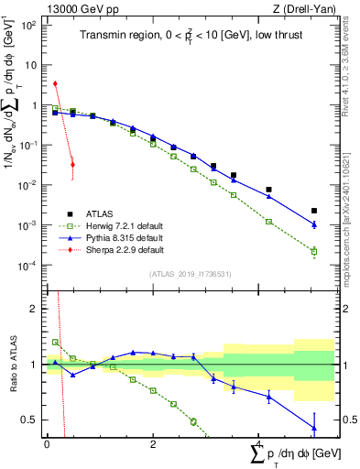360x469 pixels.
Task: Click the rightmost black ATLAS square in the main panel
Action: point(314,211)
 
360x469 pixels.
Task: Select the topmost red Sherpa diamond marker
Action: point(56,83)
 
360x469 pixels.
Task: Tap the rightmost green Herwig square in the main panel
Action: point(314,251)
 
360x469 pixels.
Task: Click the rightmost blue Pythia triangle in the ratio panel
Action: point(314,427)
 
